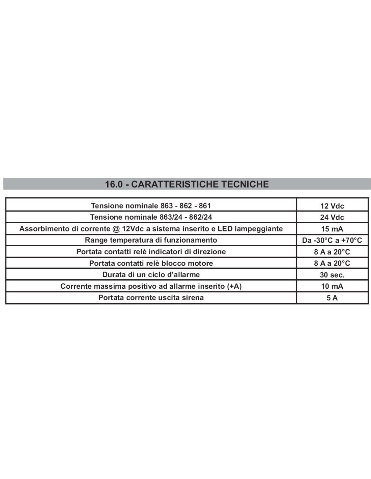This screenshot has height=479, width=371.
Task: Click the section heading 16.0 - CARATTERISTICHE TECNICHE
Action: (x=187, y=184)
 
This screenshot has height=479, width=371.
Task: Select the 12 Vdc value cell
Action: (x=332, y=206)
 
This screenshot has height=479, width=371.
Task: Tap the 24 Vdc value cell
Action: (x=332, y=217)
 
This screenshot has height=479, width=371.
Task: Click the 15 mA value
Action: (x=332, y=229)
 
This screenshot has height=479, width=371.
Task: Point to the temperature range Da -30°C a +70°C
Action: (x=332, y=240)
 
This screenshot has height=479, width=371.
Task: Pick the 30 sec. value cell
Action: (x=332, y=275)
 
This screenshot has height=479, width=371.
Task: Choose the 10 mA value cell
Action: (x=332, y=286)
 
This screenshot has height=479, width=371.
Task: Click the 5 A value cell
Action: (x=332, y=298)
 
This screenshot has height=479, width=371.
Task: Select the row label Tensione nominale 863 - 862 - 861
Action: (x=151, y=205)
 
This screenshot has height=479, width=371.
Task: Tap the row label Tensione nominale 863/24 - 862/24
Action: (x=151, y=217)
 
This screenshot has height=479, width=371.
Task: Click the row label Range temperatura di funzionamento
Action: (x=151, y=240)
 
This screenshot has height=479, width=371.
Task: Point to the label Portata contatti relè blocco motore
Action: (x=151, y=263)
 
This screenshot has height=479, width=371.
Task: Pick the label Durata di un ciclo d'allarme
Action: (x=151, y=275)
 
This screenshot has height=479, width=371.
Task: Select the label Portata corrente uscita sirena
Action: (x=151, y=298)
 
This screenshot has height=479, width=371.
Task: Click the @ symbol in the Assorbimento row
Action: (x=116, y=229)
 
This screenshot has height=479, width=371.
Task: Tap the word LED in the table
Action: (x=225, y=229)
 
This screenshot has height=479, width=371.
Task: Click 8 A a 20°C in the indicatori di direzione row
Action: (x=332, y=252)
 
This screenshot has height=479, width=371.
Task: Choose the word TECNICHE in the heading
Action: (x=245, y=184)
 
